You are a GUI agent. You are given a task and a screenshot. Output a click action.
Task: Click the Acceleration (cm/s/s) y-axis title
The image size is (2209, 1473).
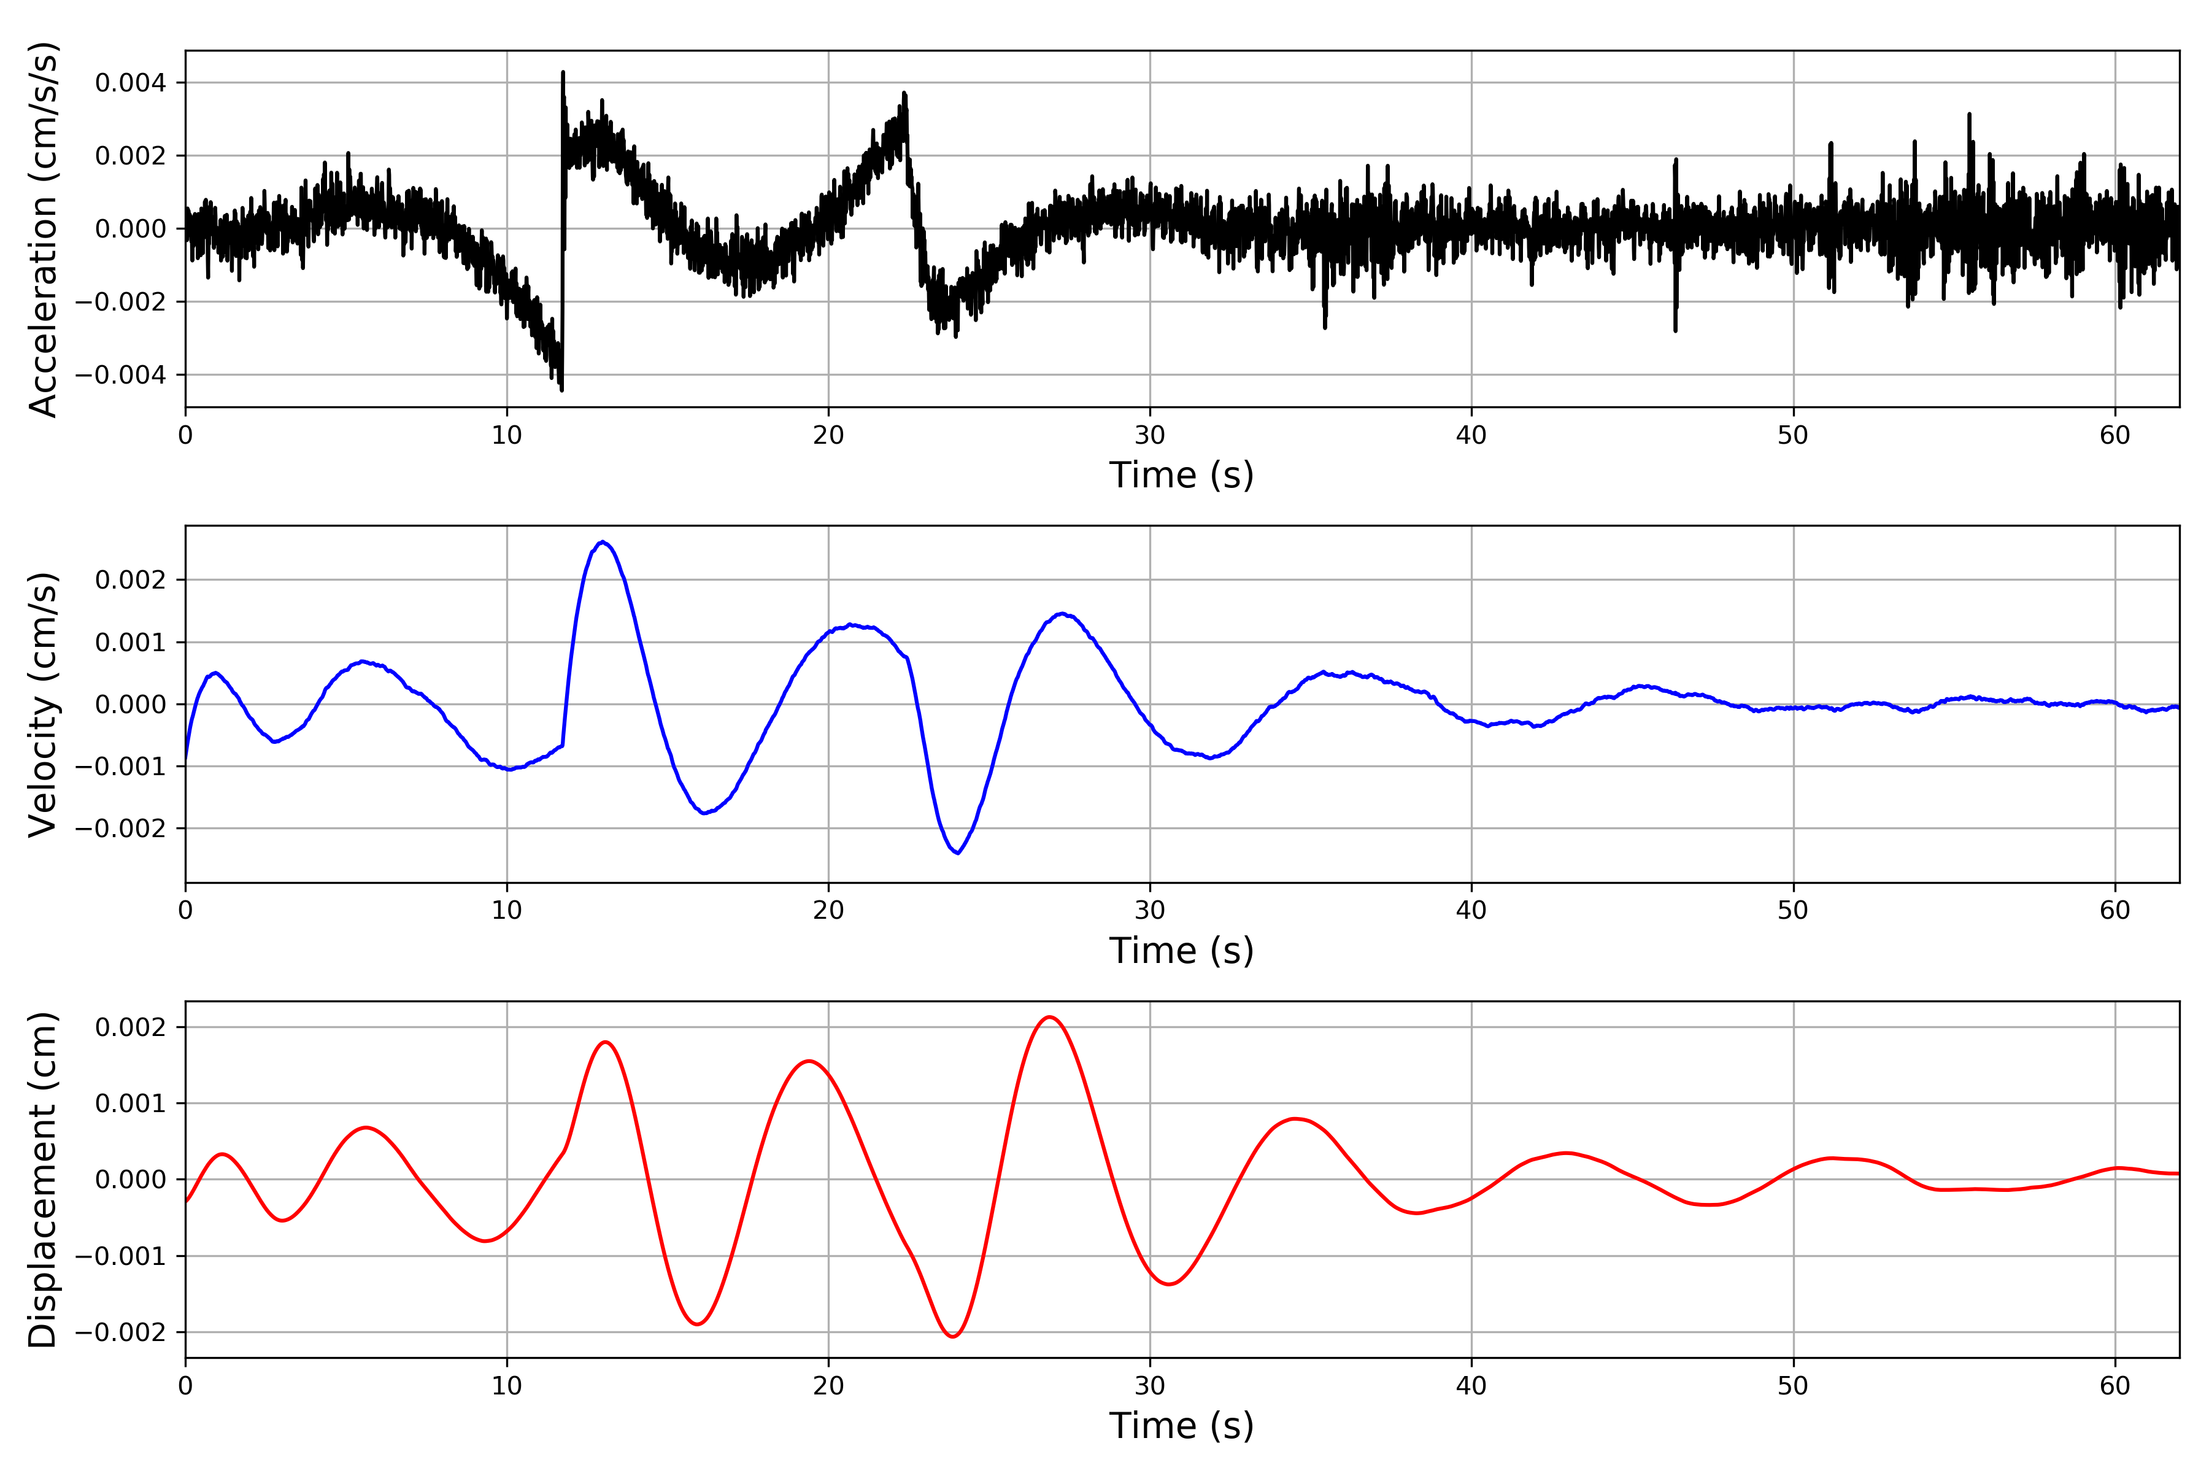coord(43,228)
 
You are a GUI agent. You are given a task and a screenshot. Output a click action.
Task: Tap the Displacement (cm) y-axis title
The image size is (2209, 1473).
coord(43,1179)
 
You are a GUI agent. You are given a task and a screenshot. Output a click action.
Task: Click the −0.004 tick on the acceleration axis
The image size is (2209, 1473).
coord(120,375)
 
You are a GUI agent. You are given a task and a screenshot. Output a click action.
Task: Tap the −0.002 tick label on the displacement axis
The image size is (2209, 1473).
coord(120,1332)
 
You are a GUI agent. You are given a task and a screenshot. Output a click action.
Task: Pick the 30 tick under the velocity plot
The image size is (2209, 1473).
coord(1149,910)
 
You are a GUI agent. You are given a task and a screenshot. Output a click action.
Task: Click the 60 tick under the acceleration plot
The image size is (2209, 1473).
coord(2115,435)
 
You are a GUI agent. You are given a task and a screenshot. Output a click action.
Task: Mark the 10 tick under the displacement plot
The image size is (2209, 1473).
coord(507,1386)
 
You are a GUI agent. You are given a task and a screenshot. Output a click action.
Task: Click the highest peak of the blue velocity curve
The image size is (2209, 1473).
coord(603,542)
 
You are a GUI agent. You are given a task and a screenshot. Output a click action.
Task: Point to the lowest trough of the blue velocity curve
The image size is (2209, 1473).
coord(957,853)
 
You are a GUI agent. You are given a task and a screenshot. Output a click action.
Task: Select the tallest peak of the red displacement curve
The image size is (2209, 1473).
coord(1049,1018)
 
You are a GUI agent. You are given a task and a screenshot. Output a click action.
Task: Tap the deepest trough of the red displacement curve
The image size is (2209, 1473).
coord(952,1337)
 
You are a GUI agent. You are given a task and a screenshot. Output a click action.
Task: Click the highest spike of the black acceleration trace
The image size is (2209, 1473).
coord(563,71)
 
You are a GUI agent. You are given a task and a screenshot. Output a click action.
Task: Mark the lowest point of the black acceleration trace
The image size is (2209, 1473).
coord(561,390)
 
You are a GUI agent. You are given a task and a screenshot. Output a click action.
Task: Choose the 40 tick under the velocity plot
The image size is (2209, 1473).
coord(1471,910)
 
